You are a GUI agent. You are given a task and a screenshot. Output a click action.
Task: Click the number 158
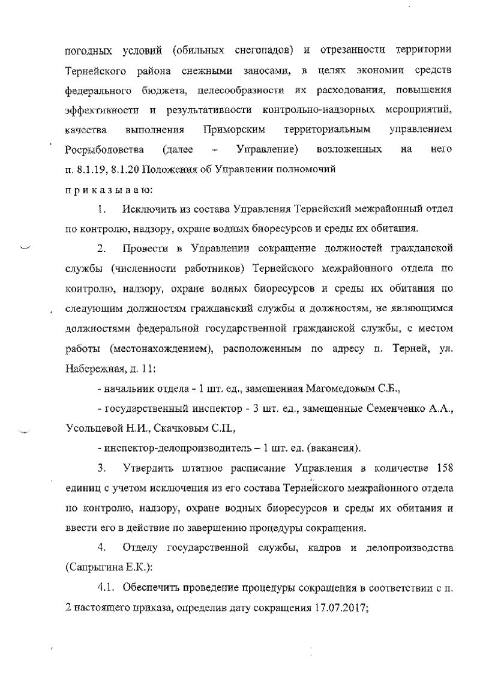point(442,468)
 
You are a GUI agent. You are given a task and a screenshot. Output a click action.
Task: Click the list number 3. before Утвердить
point(102,468)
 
